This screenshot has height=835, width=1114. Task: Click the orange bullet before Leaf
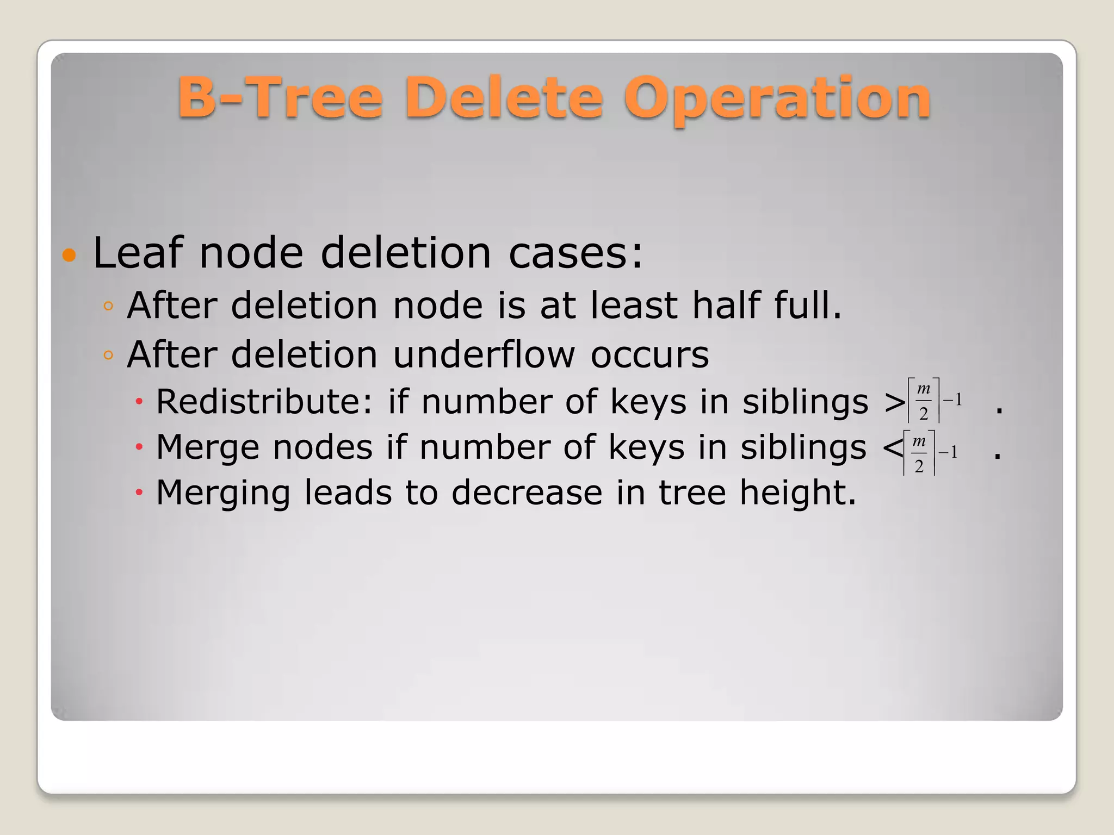69,254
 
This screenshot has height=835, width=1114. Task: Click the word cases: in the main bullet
575,253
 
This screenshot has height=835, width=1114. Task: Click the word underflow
484,354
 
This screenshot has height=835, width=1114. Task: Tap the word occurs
649,354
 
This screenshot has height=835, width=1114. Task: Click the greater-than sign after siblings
895,403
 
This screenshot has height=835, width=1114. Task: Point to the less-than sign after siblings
893,448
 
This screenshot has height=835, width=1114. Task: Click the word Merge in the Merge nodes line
207,448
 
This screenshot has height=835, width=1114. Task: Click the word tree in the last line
692,493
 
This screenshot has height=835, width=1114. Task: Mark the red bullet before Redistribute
139,402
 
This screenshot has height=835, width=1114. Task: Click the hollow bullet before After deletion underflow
108,356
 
